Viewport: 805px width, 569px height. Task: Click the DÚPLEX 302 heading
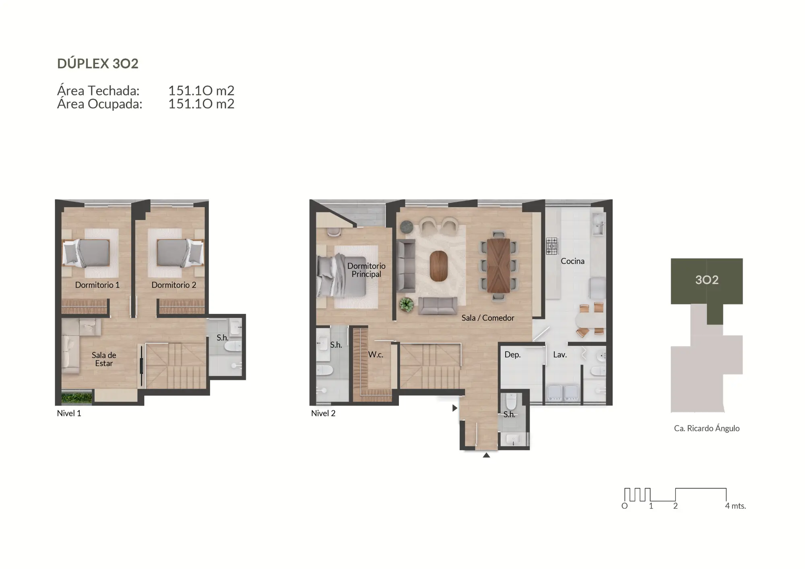[x=98, y=64]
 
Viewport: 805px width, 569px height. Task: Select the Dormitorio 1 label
[x=97, y=285]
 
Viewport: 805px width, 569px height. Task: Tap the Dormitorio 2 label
[x=173, y=285]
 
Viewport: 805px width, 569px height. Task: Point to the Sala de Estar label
[x=104, y=359]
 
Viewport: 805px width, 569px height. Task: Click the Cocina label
[x=572, y=261]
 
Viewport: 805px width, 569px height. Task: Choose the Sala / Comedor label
[x=487, y=318]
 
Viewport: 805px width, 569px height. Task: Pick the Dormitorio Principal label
[x=366, y=270]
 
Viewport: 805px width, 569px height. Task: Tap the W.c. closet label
[x=376, y=355]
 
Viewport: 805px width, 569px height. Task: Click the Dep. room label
[x=512, y=355]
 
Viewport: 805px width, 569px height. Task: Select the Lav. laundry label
[x=559, y=355]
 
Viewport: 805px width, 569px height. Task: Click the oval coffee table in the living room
[x=438, y=266]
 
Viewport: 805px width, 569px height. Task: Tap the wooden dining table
[x=498, y=266]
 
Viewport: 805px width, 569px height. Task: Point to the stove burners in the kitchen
[x=552, y=245]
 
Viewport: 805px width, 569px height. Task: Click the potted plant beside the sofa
[x=406, y=305]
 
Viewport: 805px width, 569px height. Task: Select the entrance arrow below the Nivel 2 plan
[x=486, y=455]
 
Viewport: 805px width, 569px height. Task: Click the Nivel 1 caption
[x=69, y=413]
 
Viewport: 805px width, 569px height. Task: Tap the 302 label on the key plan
[x=706, y=280]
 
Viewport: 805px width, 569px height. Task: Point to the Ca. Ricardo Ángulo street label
[x=706, y=429]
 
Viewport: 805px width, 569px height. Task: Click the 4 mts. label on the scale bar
[x=735, y=506]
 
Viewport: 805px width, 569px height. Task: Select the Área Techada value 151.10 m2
[x=201, y=91]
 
